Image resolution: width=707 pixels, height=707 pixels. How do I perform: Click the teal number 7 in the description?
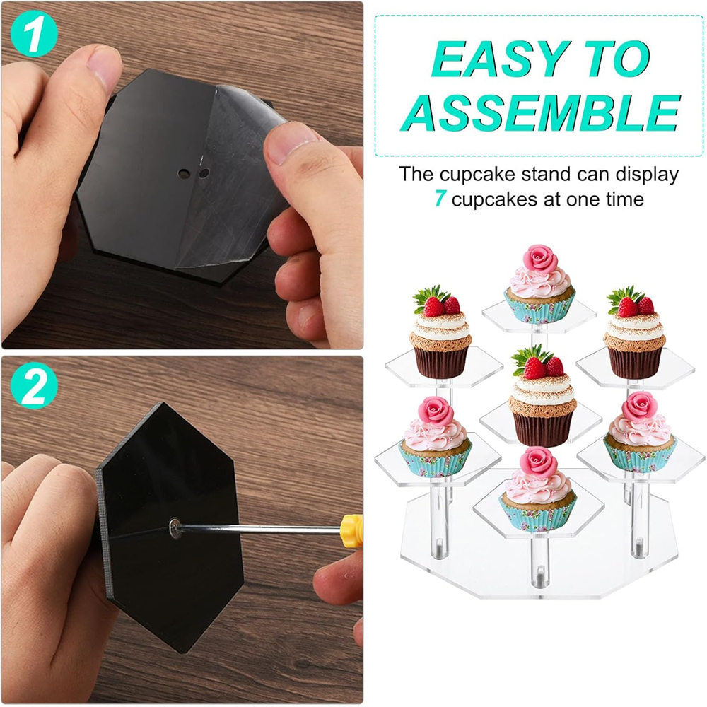[440, 199]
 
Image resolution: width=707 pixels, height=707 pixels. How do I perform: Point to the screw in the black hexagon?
[175, 524]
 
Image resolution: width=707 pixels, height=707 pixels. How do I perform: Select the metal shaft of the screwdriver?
[262, 527]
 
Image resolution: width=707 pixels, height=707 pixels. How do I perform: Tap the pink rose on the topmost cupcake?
[541, 259]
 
